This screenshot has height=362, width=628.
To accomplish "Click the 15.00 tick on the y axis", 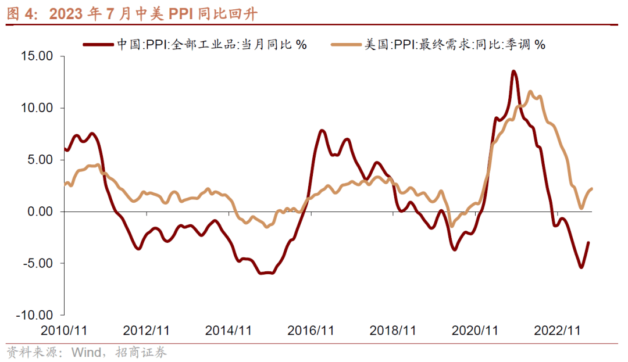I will (37, 56).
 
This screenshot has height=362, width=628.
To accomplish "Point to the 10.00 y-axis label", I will (37, 108).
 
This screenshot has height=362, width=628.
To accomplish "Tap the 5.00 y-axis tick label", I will (40, 160).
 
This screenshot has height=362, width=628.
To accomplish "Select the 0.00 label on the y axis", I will (40, 212).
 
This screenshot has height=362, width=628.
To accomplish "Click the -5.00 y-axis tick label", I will (38, 263).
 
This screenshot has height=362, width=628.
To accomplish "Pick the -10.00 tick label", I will (35, 315).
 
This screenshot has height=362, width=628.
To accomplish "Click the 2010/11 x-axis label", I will (64, 330).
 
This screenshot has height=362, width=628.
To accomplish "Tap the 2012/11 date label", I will (147, 330).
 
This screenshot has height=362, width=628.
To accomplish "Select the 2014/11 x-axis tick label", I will (229, 330).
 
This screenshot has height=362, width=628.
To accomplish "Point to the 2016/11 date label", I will (311, 330).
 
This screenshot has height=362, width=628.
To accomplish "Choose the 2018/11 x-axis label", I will (393, 330).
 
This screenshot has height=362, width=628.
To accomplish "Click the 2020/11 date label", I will (476, 330).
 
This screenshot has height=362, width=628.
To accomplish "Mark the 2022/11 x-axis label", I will (558, 330).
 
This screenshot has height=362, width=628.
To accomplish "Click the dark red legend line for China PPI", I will (99, 44).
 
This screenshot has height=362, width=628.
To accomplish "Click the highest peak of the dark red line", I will (513, 71).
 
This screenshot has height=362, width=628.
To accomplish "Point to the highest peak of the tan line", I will (530, 92).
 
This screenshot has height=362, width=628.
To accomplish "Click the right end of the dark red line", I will (588, 243).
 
